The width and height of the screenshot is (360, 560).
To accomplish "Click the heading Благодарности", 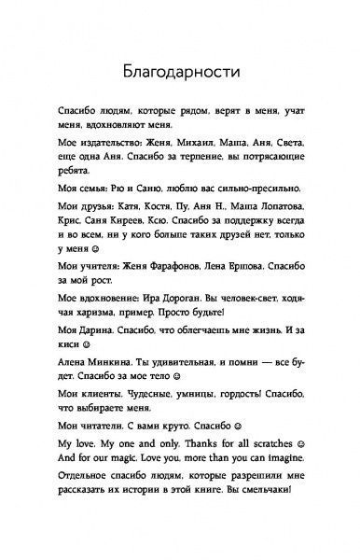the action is coord(179,71).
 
